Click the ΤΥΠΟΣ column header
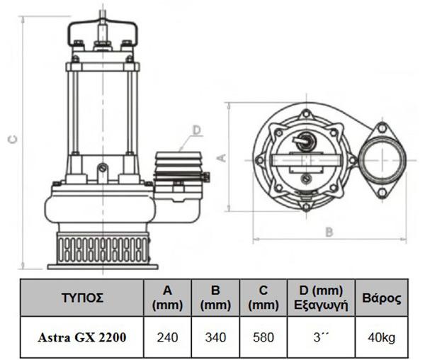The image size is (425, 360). (82, 298)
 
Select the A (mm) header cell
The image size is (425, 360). (167, 298)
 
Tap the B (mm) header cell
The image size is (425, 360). (215, 298)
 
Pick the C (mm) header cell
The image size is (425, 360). (263, 298)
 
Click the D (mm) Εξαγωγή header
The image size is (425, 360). (321, 298)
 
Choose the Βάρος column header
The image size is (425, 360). (382, 298)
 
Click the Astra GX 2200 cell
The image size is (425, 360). (82, 337)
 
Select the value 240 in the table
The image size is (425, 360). (167, 337)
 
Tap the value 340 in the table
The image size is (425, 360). (215, 337)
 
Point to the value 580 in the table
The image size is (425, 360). (263, 337)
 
